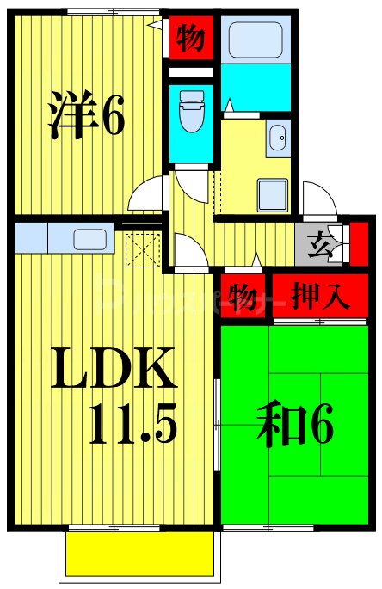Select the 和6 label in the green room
coord(295,428)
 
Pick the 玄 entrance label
coord(319,246)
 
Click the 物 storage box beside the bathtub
coord(189,38)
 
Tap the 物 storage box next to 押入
coord(242,297)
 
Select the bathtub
coord(256,39)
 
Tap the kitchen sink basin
coord(90,238)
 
